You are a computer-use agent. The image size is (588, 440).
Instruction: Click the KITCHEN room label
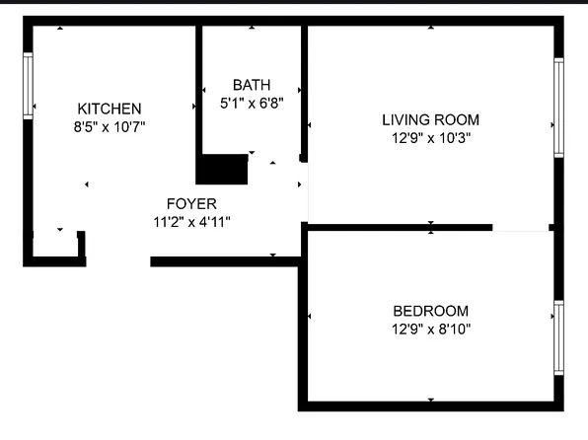coord(110,109)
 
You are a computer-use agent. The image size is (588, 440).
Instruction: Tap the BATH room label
coord(252,85)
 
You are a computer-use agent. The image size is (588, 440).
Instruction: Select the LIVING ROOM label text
coord(430,120)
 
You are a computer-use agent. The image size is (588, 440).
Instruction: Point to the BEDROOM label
coord(431,311)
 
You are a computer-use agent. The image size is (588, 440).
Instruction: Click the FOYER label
coord(191,204)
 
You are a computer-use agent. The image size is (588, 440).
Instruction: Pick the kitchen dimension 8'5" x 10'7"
coord(110,127)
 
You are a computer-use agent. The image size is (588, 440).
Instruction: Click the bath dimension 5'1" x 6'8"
coord(252,104)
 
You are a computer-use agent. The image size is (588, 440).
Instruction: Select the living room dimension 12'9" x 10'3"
coord(431,138)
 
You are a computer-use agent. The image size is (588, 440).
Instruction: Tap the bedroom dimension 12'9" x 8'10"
coord(431,330)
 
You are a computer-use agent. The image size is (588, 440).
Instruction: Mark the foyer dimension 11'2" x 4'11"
coord(191,222)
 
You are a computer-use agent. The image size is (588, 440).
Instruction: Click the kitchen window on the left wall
coord(28,86)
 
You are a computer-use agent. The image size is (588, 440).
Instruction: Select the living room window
coord(558,108)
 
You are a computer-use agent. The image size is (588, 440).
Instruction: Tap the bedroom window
coord(558,337)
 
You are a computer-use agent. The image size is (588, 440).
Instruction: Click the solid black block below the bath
coord(222,169)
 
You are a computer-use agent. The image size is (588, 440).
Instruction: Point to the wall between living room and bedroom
coord(400,227)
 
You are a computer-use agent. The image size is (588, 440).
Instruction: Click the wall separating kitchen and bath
coord(199,90)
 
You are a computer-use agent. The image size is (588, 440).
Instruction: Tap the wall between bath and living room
coord(305,94)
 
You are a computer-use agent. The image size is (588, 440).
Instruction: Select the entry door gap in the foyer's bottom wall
coord(118,261)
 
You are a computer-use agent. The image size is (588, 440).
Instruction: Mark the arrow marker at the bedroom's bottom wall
coord(431,400)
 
